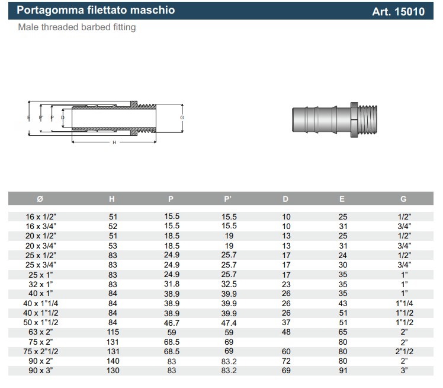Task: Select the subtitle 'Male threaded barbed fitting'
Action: click(77, 27)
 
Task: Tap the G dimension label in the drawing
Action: click(182, 117)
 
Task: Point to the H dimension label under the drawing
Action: click(114, 143)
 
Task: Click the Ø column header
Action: click(40, 199)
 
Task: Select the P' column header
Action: click(229, 199)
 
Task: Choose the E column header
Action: click(342, 199)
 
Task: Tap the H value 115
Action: click(113, 332)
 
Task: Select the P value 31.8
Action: click(172, 284)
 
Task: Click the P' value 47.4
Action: click(229, 323)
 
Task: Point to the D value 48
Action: click(286, 332)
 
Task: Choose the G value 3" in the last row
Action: click(405, 371)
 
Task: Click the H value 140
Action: click(113, 361)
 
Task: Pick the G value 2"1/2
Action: click(405, 352)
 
